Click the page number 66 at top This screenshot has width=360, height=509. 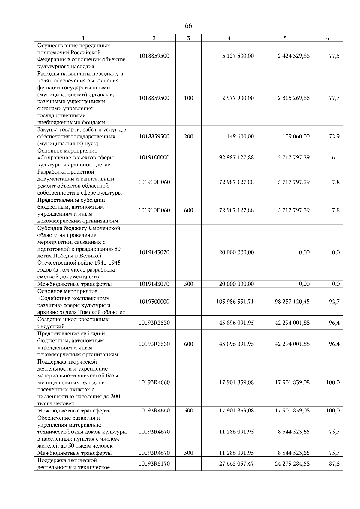188,26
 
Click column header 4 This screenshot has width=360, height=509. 229,38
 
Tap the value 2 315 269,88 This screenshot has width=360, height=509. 294,98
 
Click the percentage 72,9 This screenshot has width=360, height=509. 334,136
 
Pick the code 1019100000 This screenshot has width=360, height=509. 154,157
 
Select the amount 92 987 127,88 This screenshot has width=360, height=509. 236,157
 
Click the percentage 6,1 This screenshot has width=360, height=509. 336,157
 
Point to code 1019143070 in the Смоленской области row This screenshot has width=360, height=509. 154,252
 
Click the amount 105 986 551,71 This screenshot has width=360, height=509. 235,302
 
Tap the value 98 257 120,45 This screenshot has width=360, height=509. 292,302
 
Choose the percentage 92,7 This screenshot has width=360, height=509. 334,302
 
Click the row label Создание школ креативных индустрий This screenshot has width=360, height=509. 73,323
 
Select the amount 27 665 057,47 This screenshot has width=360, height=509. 236,463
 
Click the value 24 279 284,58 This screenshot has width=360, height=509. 292,463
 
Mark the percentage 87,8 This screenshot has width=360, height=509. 334,463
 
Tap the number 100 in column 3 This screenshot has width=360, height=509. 189,98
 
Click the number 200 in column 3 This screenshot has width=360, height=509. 189,136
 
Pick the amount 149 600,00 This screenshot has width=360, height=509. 240,136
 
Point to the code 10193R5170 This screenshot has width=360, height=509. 154,463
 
